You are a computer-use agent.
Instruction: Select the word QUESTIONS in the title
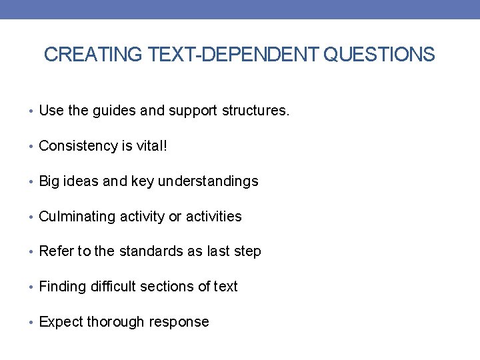[379, 55]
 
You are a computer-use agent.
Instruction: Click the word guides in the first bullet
[114, 111]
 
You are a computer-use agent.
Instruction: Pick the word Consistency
[77, 146]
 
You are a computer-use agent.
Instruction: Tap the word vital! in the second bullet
[151, 146]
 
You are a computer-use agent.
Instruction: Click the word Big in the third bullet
[51, 181]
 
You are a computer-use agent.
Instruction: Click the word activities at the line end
[213, 217]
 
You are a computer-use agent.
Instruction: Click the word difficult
[117, 287]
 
